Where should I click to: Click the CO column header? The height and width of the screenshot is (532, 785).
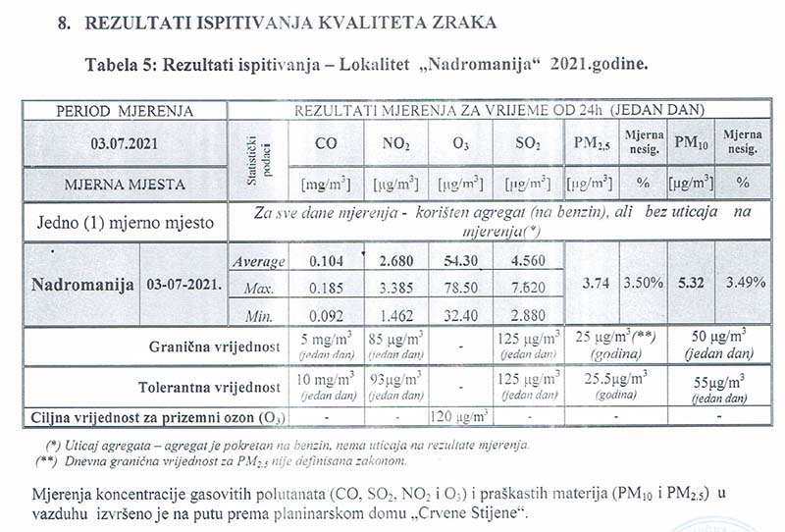coord(327,143)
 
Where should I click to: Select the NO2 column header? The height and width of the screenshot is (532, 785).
coord(394,143)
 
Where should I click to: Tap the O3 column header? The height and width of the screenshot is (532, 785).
coord(459,144)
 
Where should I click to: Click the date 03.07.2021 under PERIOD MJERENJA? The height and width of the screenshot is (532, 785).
coord(125,142)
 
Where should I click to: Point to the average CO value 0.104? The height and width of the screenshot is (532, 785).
coord(327,262)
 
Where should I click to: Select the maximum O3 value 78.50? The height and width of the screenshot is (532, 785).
coord(459,290)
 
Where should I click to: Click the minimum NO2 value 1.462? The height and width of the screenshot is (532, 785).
coord(394,316)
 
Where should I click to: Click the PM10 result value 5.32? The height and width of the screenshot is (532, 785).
coord(691,283)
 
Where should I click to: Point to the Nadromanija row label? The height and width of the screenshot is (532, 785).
coord(82,286)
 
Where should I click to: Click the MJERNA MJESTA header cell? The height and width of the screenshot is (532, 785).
coord(125,183)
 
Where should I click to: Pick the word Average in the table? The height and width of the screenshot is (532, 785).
coord(258,262)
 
